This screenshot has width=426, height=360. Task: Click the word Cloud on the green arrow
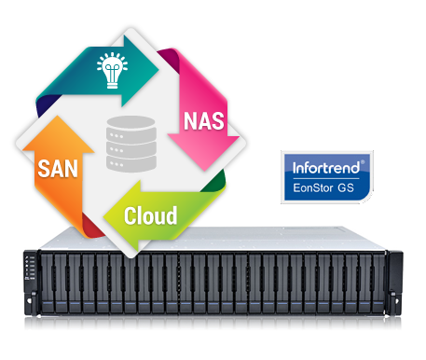pos(150,216)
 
